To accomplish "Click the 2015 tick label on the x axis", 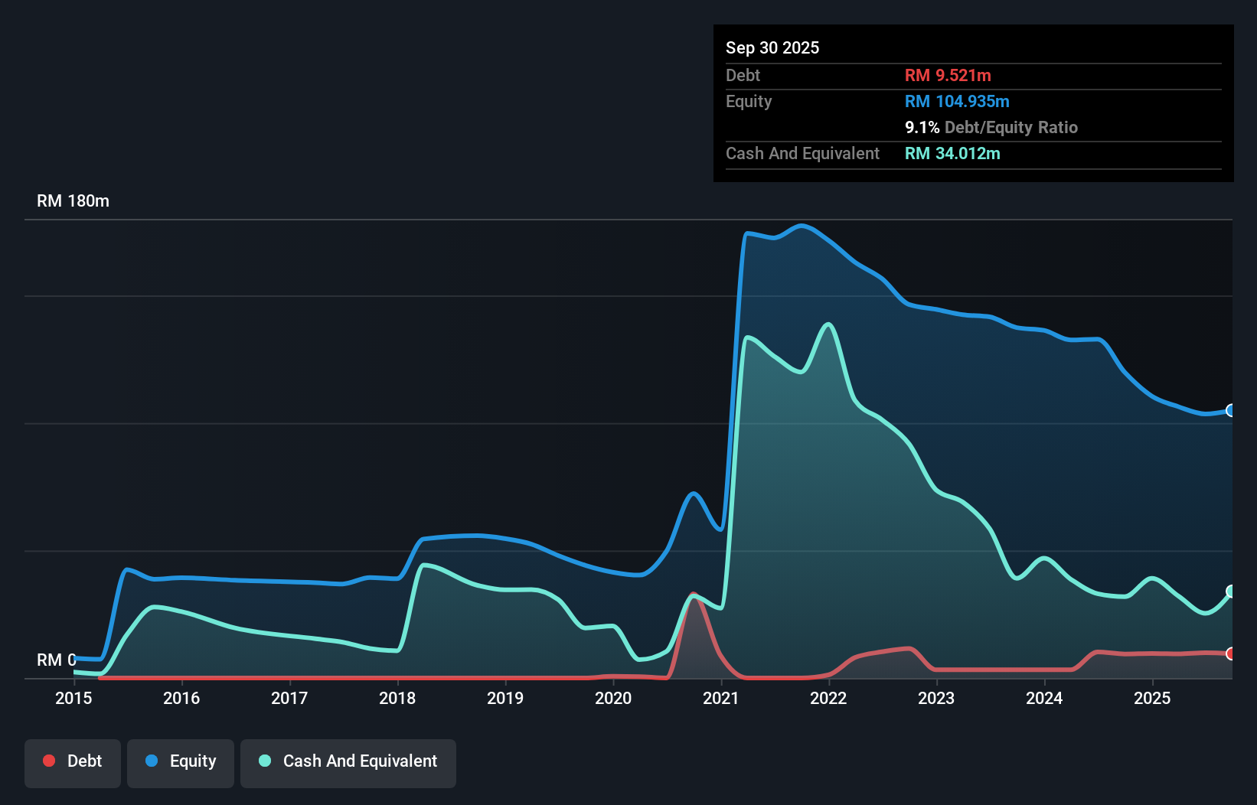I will click(73, 698).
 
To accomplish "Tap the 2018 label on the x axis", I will click(397, 698).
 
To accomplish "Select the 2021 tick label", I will click(721, 698).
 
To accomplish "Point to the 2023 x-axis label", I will click(936, 698).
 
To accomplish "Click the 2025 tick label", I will click(1152, 698).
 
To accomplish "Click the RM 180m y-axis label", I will click(73, 201).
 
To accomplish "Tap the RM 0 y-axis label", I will click(56, 660).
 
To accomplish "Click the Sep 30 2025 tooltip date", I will click(772, 47).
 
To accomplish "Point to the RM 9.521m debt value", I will click(947, 75).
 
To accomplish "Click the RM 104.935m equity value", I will click(956, 101).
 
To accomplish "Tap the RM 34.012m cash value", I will click(952, 153).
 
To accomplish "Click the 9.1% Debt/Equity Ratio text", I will click(991, 127).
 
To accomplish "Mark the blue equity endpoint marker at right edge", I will click(1230, 411).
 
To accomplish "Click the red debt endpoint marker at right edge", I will click(1230, 653).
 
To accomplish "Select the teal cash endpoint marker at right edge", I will click(1230, 592).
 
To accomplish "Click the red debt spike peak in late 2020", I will click(693, 595).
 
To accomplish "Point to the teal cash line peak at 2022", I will click(828, 324).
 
